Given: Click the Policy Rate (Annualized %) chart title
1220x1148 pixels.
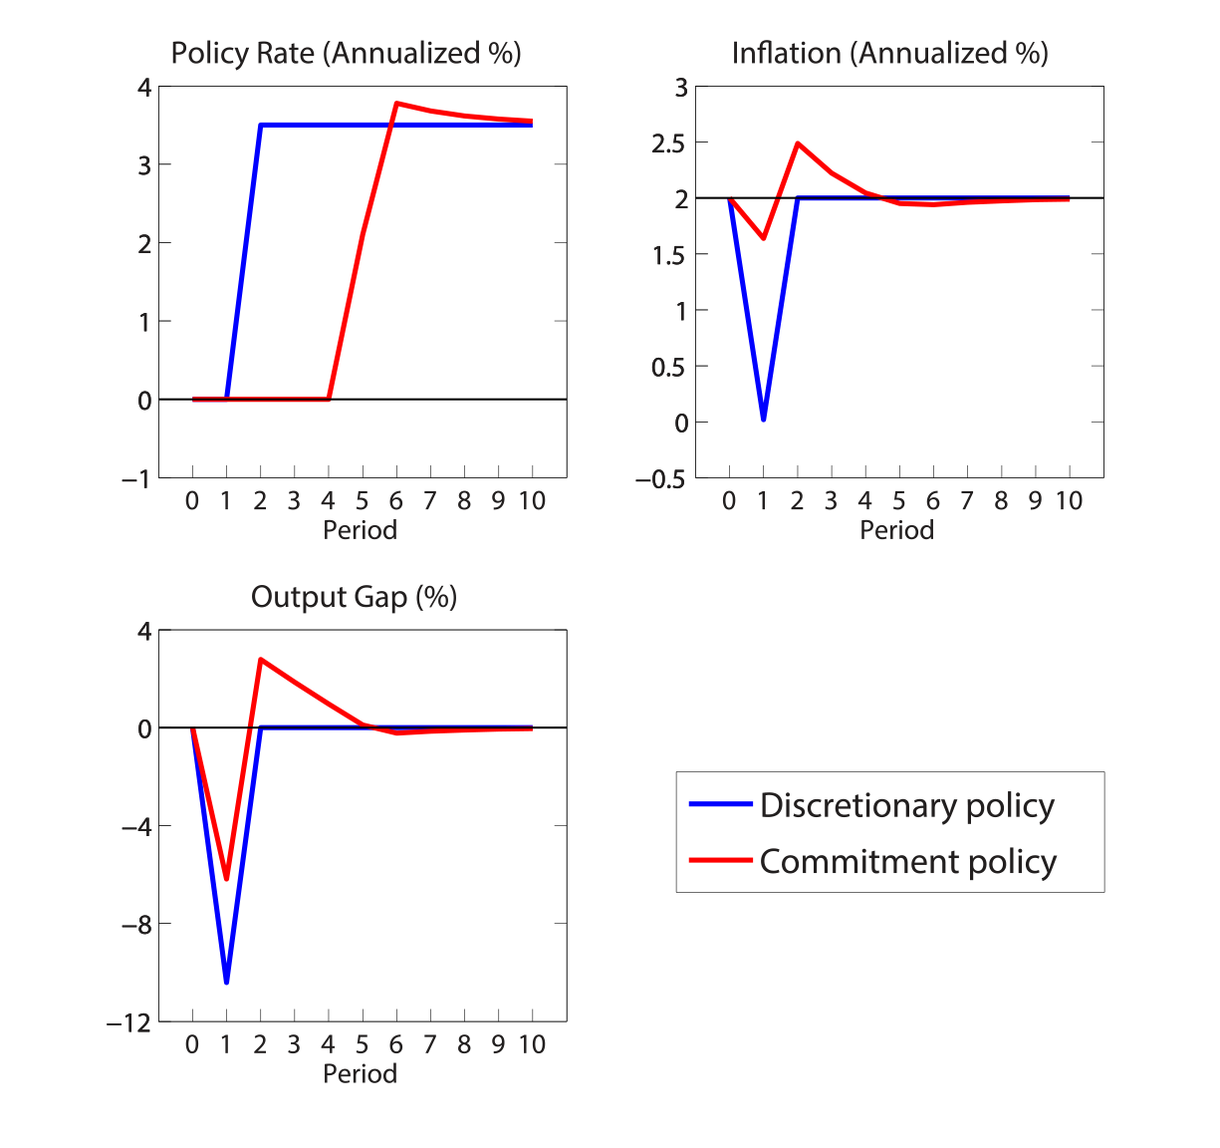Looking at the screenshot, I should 346,53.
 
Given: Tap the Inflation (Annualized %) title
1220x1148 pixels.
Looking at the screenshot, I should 889,53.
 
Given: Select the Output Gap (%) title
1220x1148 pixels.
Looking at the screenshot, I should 354,597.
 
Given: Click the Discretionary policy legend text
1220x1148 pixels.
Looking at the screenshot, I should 906,805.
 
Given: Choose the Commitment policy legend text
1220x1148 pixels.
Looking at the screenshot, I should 907,861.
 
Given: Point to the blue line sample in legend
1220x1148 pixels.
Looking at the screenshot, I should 720,804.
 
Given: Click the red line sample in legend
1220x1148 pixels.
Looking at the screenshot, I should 720,860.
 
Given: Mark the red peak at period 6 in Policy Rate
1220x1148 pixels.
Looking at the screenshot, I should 396,103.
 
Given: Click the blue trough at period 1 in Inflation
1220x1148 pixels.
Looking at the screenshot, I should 763,420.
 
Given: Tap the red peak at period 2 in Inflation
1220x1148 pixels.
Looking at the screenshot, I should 798,143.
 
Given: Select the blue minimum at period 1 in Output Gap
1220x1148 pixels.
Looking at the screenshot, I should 226,983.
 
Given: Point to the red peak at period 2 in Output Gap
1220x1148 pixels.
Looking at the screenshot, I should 261,660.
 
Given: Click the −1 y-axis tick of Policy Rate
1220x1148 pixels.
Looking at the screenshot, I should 136,479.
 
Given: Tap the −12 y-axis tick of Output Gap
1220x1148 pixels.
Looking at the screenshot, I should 129,1023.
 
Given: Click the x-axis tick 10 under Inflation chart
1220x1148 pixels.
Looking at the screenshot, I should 1069,500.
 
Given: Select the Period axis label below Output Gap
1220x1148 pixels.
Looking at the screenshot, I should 360,1073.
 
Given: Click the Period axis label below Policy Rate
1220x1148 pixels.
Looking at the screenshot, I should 360,529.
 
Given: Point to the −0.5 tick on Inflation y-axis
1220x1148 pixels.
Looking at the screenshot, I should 662,479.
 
